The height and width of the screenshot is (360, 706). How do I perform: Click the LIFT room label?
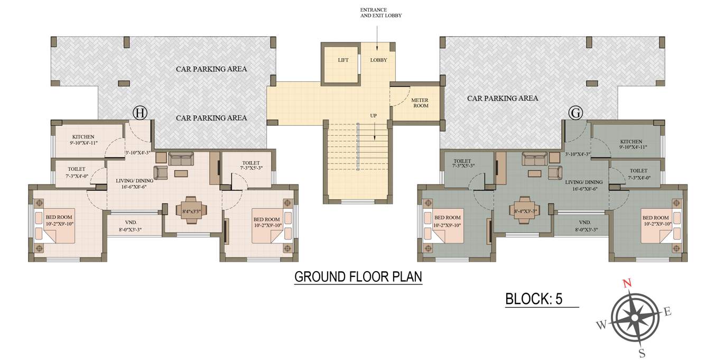[343, 60]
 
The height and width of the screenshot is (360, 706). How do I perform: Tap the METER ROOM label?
[420, 103]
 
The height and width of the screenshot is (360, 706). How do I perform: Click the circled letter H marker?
[140, 113]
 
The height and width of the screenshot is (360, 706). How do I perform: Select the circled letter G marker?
[575, 113]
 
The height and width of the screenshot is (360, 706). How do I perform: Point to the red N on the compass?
[627, 283]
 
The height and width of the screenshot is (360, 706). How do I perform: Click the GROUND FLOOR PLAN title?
[358, 276]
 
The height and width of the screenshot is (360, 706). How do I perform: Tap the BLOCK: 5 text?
[534, 299]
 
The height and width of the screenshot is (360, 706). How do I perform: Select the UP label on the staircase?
[373, 115]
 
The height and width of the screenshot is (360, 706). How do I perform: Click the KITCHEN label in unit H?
[83, 136]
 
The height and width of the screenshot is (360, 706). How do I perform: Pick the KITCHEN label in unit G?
[631, 142]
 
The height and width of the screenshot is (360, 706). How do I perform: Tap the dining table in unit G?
[525, 207]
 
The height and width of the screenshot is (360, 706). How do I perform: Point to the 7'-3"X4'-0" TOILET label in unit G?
[638, 171]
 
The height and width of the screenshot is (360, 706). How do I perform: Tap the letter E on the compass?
[667, 312]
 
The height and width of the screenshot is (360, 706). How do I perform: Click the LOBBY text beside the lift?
[378, 60]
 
